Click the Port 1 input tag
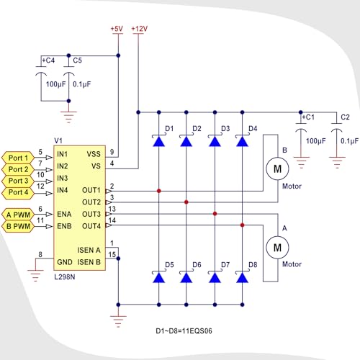(x=18, y=158)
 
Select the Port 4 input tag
(x=18, y=192)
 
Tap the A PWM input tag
(x=18, y=215)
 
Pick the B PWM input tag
(x=18, y=226)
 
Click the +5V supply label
(x=117, y=29)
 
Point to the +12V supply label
(x=139, y=29)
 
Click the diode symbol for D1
(x=158, y=140)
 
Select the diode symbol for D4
(x=242, y=140)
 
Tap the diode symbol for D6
(x=186, y=277)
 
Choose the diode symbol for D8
(x=242, y=277)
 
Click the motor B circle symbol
(x=277, y=168)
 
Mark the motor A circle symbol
(x=277, y=248)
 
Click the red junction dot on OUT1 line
(x=158, y=191)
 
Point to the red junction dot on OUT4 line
(x=242, y=225)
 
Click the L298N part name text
(x=65, y=277)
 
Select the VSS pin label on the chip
(x=94, y=154)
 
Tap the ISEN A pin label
(x=89, y=250)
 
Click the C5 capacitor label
(x=77, y=60)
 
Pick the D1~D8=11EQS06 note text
(x=184, y=331)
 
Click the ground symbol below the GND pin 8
(x=35, y=276)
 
